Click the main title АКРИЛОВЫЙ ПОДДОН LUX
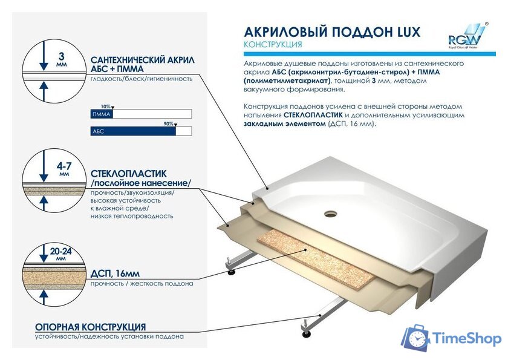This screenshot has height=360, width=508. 331,32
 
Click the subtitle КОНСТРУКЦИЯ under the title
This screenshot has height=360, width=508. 273,45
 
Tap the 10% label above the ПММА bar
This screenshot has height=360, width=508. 106,106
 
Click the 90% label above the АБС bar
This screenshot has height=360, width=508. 169,123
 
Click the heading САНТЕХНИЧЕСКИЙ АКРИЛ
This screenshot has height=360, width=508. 142,60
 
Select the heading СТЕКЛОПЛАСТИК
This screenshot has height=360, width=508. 128,173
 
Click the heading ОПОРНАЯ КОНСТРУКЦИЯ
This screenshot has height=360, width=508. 90,327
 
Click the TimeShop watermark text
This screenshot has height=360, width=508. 467,339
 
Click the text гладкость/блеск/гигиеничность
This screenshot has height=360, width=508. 142,79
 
